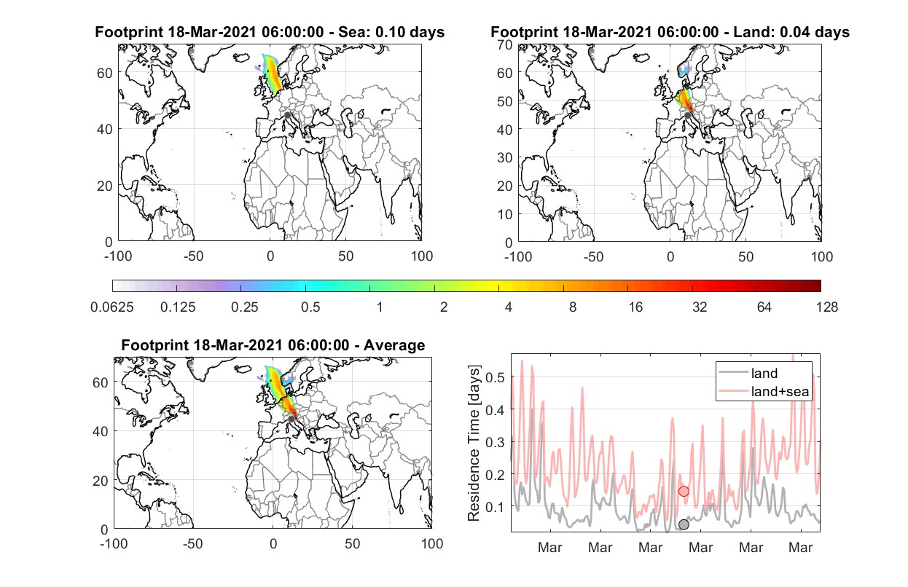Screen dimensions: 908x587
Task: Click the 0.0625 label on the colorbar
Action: click(112, 307)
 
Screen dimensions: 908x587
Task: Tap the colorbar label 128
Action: click(826, 307)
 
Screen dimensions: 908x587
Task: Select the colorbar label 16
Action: click(635, 307)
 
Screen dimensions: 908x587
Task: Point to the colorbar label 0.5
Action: click(310, 307)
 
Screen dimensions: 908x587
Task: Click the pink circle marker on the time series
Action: click(684, 492)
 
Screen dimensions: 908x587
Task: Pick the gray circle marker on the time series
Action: click(684, 524)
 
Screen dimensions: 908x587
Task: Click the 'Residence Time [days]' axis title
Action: click(474, 444)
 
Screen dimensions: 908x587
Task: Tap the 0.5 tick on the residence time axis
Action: click(496, 377)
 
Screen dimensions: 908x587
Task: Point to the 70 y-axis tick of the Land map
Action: click(505, 44)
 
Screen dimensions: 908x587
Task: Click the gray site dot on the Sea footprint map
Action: click(287, 115)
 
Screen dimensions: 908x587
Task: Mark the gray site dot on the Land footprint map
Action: click(687, 116)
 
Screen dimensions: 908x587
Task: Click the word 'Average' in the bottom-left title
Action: click(394, 345)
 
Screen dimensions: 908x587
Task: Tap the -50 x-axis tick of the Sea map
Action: click(193, 256)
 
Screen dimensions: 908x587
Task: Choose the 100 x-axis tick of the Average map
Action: click(432, 543)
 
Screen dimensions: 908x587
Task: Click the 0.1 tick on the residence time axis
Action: click(496, 507)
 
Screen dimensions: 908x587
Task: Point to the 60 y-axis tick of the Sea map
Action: click(105, 73)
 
